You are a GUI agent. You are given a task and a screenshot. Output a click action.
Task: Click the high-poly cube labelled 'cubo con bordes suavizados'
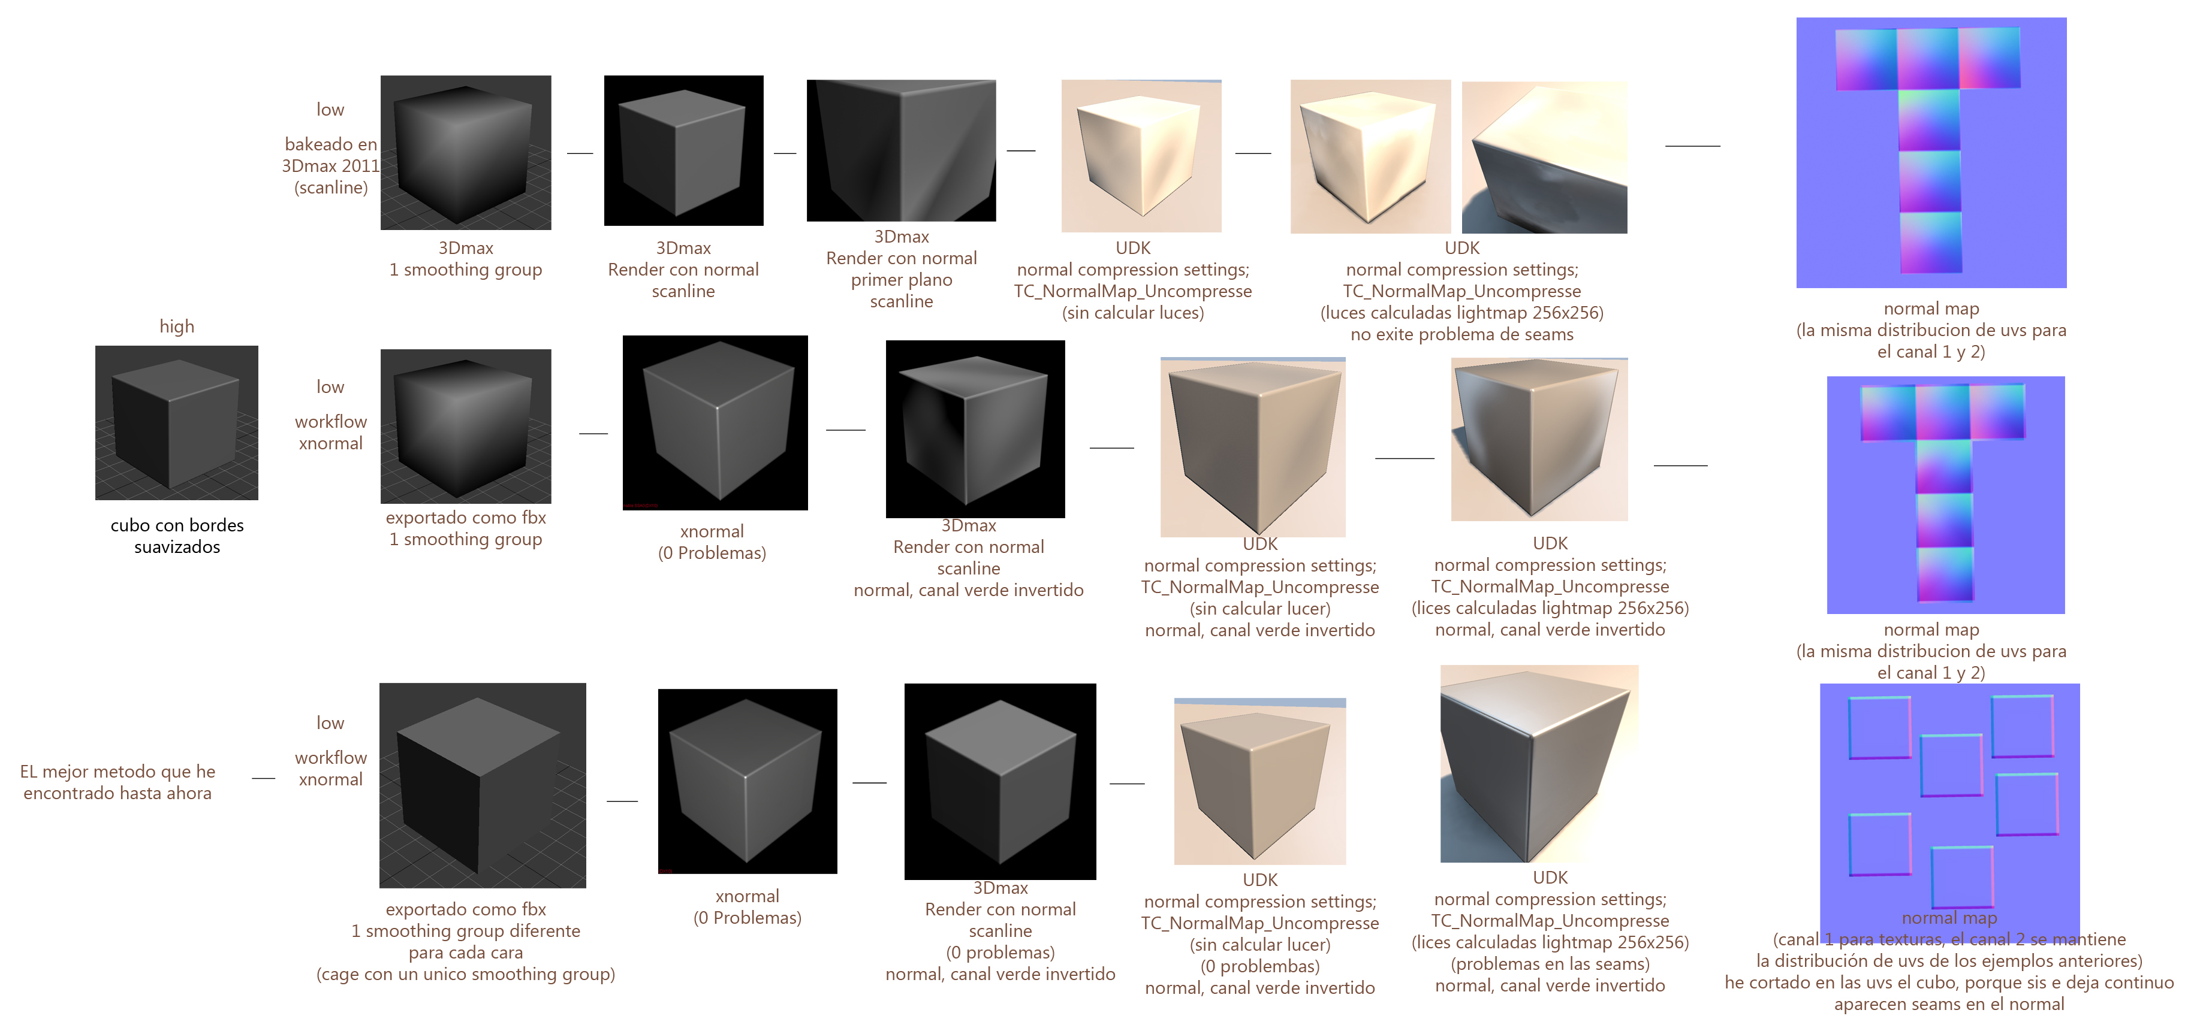point(177,422)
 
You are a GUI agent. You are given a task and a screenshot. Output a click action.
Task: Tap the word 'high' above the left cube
point(177,326)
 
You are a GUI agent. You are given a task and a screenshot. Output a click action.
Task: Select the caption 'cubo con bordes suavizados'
point(177,536)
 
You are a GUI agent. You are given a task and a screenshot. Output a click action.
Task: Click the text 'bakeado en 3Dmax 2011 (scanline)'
point(331,165)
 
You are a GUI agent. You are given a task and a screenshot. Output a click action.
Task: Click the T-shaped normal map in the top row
point(1931,153)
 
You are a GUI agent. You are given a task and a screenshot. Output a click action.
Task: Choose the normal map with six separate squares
point(1949,802)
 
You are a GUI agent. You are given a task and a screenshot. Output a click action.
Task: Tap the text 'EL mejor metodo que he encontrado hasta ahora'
point(117,782)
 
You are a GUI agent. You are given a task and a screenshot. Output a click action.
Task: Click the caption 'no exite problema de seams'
point(1462,334)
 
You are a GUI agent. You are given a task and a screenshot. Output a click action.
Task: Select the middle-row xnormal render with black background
point(715,422)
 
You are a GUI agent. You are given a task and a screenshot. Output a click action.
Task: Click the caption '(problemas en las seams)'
point(1550,964)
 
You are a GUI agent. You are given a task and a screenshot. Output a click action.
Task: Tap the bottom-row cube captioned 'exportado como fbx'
point(483,785)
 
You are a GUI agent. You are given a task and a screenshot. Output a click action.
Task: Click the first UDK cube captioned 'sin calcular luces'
point(1141,156)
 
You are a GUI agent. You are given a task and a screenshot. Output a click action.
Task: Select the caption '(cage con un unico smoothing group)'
point(466,975)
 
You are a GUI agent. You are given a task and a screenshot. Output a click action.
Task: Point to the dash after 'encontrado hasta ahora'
point(263,779)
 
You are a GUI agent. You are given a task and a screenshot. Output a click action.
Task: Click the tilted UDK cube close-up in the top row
point(1544,158)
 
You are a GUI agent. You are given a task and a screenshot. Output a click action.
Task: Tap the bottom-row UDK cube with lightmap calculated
point(1539,764)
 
